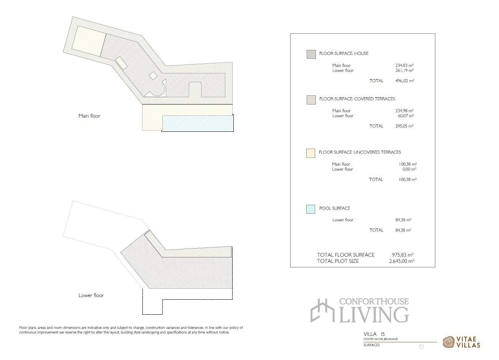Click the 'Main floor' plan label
coord(89,116)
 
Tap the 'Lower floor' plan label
coord(91,295)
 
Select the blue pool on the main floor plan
coord(198,123)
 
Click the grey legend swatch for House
coord(311,54)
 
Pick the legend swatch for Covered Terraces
coord(311,100)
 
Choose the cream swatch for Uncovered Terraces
coord(311,153)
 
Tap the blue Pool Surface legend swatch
coord(311,209)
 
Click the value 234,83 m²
coord(404,65)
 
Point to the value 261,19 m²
coord(404,70)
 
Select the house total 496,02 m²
coord(405,81)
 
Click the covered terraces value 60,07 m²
coord(406,116)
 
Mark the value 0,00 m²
coord(409,169)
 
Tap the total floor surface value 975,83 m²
coord(403,255)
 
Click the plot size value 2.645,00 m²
coord(402,261)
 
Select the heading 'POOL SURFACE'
coord(335,208)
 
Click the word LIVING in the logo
coord(374,315)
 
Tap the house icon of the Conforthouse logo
coord(322,310)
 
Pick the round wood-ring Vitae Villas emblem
coord(448,342)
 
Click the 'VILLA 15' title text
coord(374,334)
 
